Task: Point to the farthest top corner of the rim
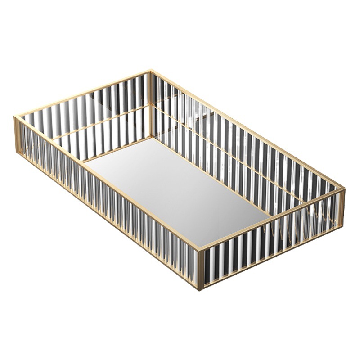click(x=151, y=71)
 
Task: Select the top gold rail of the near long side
click(x=108, y=183)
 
